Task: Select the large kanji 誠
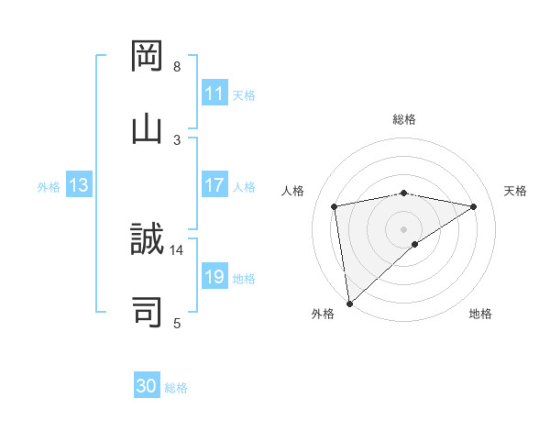coord(148,240)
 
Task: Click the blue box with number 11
coord(214,94)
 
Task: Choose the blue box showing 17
coord(214,185)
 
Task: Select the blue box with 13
coord(79,185)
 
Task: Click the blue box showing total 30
coord(147,386)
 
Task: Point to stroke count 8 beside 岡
coord(177,67)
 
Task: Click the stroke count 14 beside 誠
coord(177,249)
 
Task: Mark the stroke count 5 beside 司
coord(177,322)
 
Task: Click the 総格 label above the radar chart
coord(404,119)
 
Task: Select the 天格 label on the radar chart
coord(515,191)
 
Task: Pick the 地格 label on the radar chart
coord(480,315)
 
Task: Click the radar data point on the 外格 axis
coord(349,304)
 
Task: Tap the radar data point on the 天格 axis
coord(474,206)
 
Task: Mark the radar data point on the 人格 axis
coord(335,206)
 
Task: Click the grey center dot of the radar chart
coord(404,228)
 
